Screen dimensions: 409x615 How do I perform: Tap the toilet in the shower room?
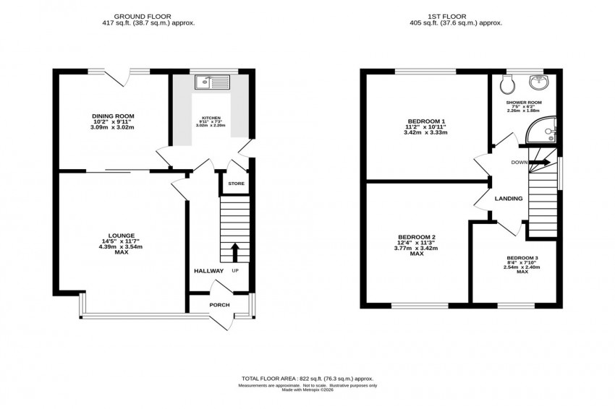[x=506, y=85]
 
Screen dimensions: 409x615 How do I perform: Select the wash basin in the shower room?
[x=538, y=81]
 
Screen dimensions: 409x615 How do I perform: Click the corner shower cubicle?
[x=541, y=130]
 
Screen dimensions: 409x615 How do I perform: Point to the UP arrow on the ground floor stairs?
[x=234, y=252]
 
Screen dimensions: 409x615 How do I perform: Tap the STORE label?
[x=236, y=184]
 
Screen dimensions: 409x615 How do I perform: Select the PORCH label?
[x=219, y=305]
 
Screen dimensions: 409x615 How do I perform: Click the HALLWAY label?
[x=208, y=271]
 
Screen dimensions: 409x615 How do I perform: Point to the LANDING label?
[x=509, y=198]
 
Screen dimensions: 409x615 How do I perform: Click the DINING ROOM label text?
[x=113, y=116]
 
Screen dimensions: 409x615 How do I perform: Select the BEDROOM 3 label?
[x=522, y=258]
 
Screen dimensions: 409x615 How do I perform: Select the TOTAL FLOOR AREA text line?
[x=307, y=378]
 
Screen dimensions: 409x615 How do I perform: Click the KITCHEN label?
[x=211, y=119]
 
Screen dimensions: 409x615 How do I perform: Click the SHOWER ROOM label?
[x=524, y=103]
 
